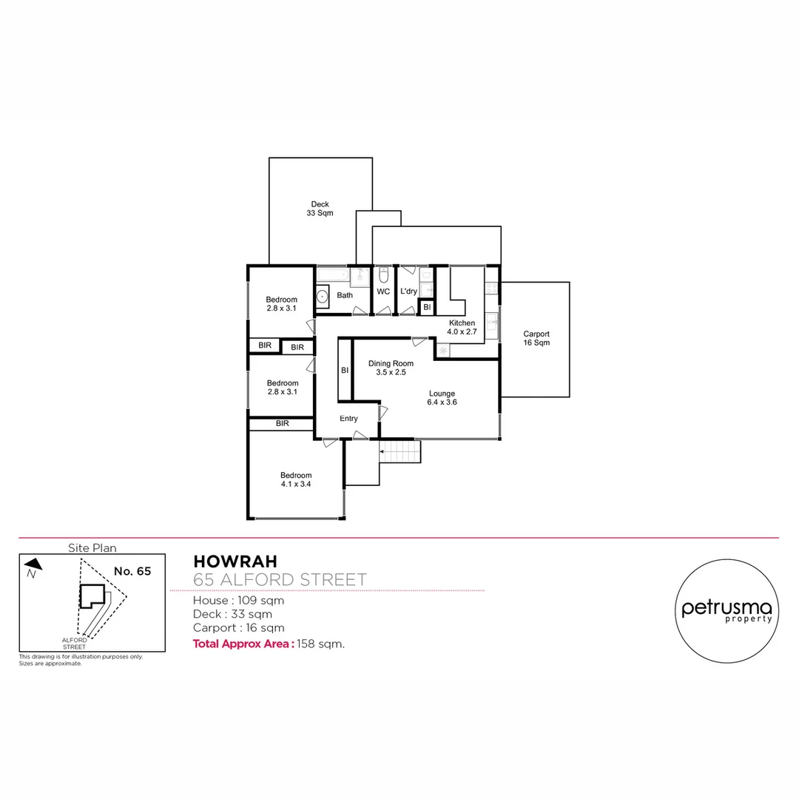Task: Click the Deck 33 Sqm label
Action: (x=320, y=209)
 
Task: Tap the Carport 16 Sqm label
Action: (x=536, y=338)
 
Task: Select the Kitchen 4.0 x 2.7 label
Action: (x=462, y=328)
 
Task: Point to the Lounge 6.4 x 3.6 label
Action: (x=441, y=398)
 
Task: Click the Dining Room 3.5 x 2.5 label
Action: (x=391, y=368)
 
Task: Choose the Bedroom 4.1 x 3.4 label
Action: (x=296, y=479)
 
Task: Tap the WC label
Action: (x=383, y=292)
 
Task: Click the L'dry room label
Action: (x=408, y=292)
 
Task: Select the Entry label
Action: (x=348, y=419)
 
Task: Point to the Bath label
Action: (x=345, y=295)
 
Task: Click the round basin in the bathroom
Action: (x=323, y=297)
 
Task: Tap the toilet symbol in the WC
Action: (x=383, y=276)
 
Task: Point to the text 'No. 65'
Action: (x=132, y=571)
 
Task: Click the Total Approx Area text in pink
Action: (x=243, y=644)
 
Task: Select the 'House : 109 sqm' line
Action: (x=238, y=601)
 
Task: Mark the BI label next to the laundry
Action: (x=427, y=307)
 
